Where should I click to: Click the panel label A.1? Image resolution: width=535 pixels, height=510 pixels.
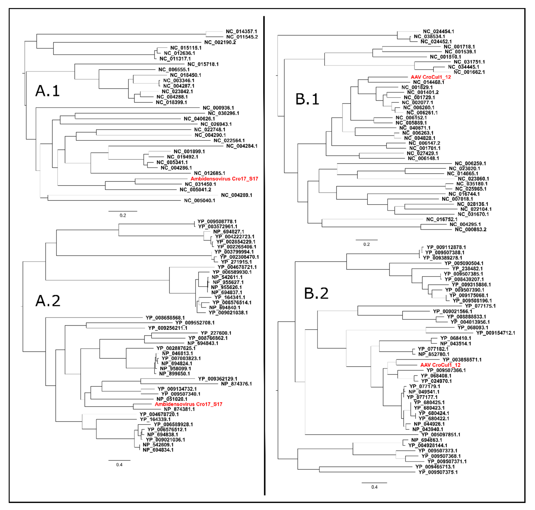(47, 91)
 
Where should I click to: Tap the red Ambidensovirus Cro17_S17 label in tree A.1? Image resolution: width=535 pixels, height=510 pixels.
(224, 179)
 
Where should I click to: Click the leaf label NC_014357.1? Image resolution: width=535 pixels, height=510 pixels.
(241, 32)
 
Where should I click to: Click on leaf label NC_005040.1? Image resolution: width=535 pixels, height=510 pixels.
(199, 200)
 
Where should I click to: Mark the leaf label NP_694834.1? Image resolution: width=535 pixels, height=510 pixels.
(158, 450)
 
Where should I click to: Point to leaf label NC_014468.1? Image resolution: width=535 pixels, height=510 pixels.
(428, 82)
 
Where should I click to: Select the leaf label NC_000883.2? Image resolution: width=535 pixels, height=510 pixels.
(471, 230)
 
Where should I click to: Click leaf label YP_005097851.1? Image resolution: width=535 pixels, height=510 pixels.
(441, 434)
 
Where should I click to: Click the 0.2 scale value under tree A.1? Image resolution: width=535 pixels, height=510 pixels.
(123, 215)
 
